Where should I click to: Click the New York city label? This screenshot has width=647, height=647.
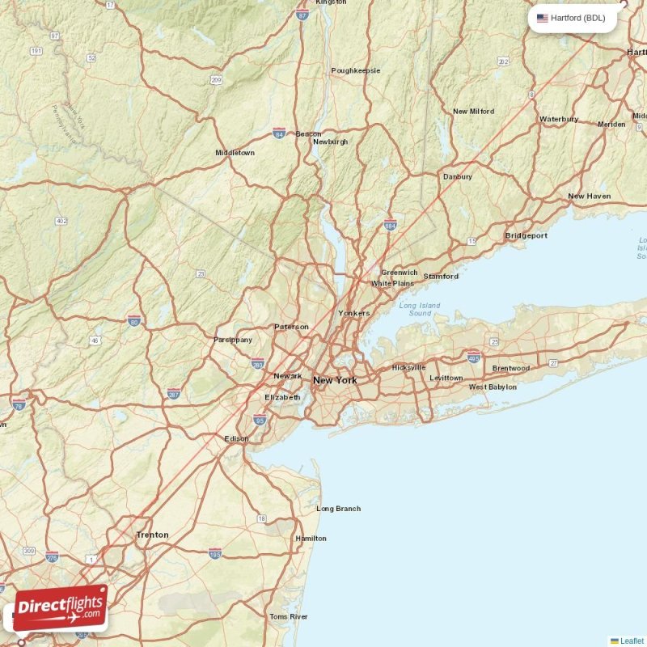pyautogui.click(x=334, y=380)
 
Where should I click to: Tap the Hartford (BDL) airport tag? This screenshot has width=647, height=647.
pyautogui.click(x=572, y=18)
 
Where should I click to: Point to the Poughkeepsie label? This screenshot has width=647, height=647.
pyautogui.click(x=355, y=70)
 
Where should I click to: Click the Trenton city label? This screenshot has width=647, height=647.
pyautogui.click(x=153, y=535)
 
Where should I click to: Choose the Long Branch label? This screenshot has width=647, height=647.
pyautogui.click(x=338, y=509)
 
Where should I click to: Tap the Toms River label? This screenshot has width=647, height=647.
pyautogui.click(x=289, y=616)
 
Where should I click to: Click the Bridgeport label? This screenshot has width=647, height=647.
pyautogui.click(x=526, y=235)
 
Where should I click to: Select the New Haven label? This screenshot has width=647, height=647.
pyautogui.click(x=589, y=197)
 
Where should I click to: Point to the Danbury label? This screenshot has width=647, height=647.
pyautogui.click(x=457, y=176)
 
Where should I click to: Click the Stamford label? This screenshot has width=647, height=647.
pyautogui.click(x=441, y=277)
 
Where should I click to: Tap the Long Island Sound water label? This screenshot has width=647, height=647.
pyautogui.click(x=420, y=309)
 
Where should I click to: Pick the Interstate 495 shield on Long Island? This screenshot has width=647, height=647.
pyautogui.click(x=473, y=355)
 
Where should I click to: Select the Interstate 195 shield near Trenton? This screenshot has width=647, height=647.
pyautogui.click(x=214, y=553)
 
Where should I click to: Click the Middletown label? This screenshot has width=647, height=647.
pyautogui.click(x=235, y=153)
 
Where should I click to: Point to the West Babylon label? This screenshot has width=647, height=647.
pyautogui.click(x=493, y=387)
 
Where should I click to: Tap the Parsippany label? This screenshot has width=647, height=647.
pyautogui.click(x=233, y=340)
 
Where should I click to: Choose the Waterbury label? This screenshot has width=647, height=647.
pyautogui.click(x=559, y=119)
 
